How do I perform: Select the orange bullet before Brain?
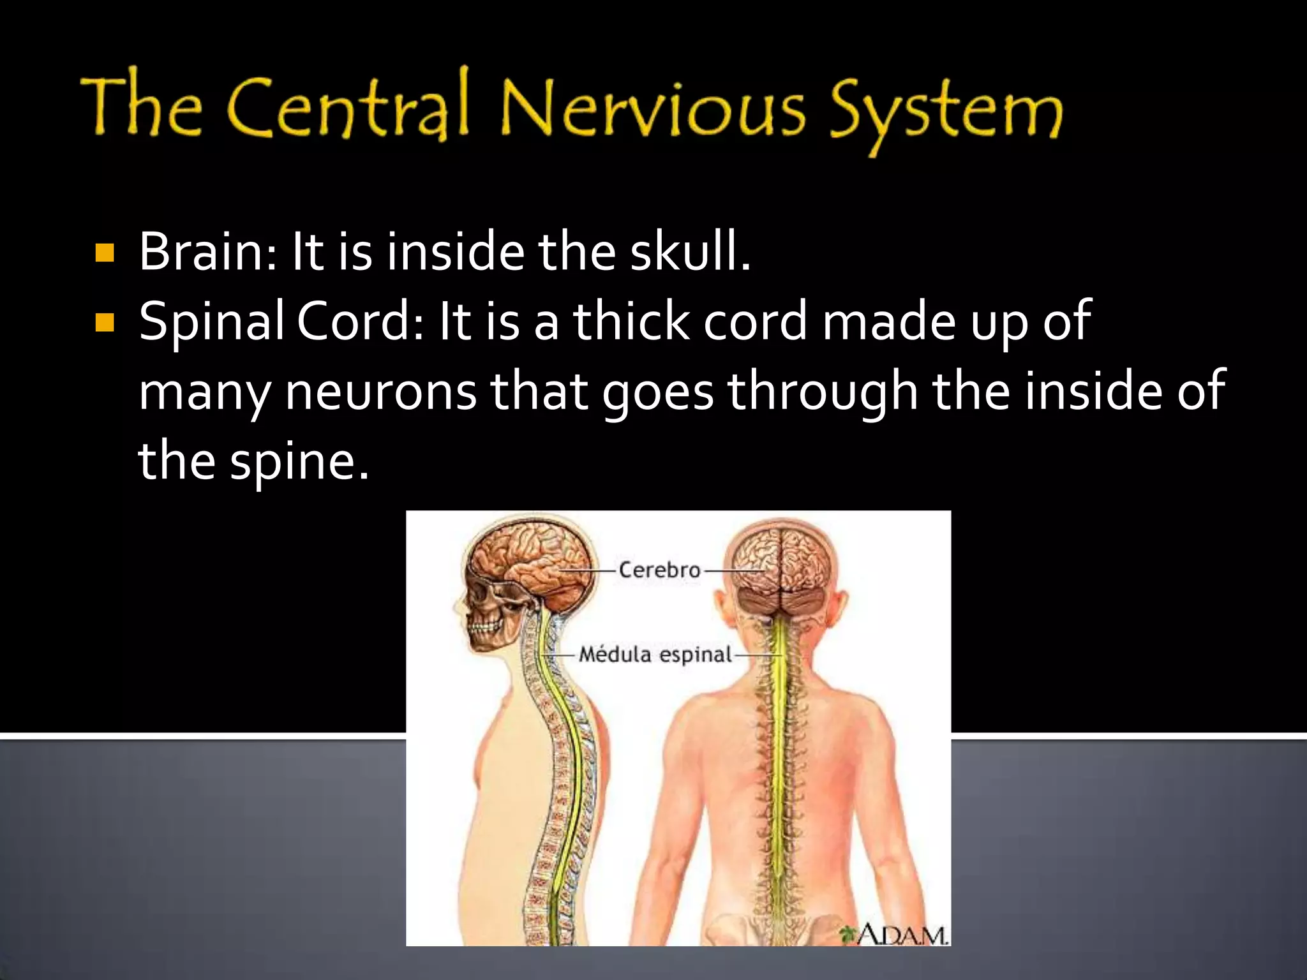pyautogui.click(x=104, y=253)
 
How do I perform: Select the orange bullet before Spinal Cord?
pyautogui.click(x=104, y=323)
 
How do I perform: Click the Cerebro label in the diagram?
pyautogui.click(x=659, y=570)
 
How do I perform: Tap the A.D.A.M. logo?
pyautogui.click(x=896, y=935)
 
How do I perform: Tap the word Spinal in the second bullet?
pyautogui.click(x=212, y=323)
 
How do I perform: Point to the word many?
pyautogui.click(x=204, y=393)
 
